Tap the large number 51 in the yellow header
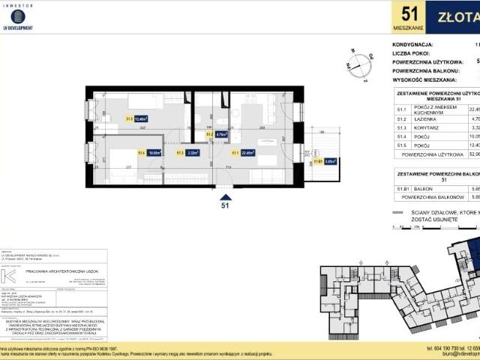409,14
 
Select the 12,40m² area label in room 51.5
140,118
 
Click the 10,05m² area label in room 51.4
154,153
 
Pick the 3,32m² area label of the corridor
191,153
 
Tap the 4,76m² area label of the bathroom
220,136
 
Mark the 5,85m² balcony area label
330,160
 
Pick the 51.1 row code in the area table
401,109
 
